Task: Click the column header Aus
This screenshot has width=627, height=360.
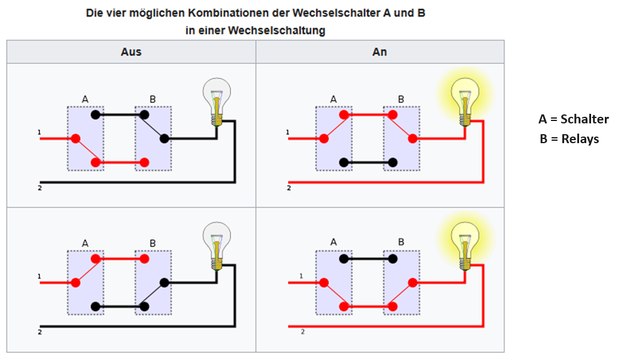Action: pos(131,52)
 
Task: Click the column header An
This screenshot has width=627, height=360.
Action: pos(380,52)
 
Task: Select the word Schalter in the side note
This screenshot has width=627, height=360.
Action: pos(584,119)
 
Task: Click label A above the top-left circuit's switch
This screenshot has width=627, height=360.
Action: pos(85,99)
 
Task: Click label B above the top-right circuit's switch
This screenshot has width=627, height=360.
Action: pos(401,99)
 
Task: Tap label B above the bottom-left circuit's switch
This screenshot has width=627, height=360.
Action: pos(153,243)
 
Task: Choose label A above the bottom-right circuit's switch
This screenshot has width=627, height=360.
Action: pos(334,242)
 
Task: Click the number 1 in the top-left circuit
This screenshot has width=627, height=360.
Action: pos(39,132)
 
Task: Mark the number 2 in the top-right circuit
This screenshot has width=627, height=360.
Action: pos(289,188)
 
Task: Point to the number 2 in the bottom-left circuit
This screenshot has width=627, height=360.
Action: pos(40,331)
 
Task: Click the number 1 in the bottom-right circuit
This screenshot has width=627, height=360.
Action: pos(302,276)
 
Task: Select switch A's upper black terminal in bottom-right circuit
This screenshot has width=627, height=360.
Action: pos(343,259)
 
